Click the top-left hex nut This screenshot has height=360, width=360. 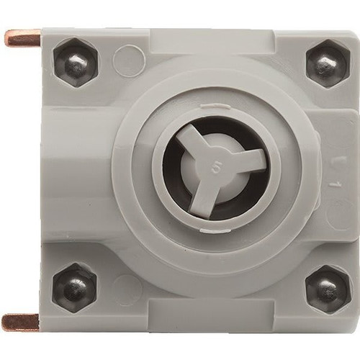(75, 63)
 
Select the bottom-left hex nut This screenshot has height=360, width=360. (75, 287)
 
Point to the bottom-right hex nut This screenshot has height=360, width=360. (326, 288)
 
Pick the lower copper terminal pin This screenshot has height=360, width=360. (21, 321)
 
